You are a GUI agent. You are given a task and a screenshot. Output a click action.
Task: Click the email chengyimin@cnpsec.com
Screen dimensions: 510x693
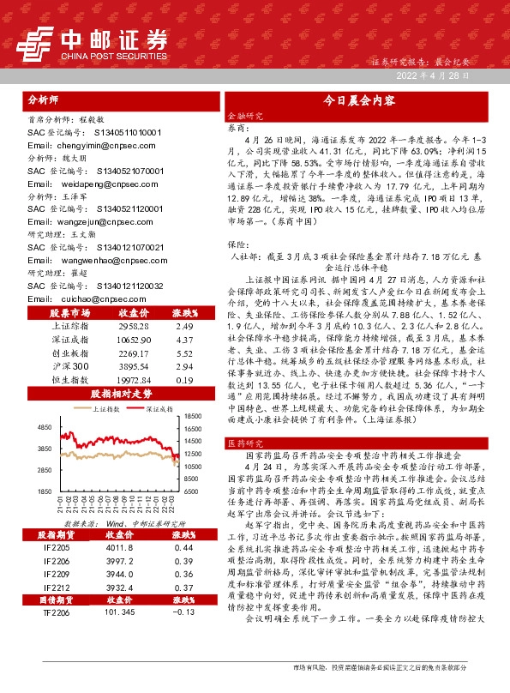click(x=81, y=146)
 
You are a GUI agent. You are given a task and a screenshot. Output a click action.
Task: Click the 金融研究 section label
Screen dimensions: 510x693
click(x=246, y=114)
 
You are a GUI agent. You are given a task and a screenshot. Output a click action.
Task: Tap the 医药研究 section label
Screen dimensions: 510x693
click(x=246, y=443)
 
